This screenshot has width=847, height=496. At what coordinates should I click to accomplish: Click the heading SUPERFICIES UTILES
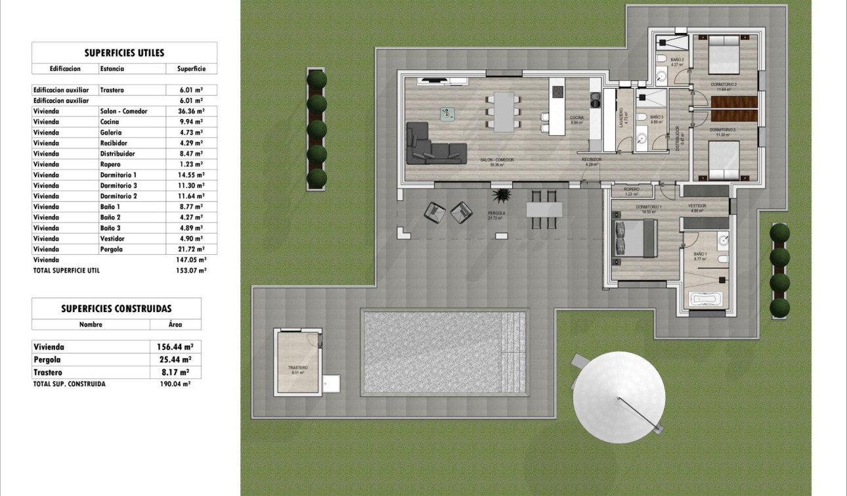[x=124, y=53]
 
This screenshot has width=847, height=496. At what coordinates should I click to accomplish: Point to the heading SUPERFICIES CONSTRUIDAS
[x=116, y=308]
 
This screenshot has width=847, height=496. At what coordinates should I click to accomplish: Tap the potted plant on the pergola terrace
[x=502, y=196]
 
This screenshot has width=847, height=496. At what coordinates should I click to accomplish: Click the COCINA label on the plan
[x=577, y=118]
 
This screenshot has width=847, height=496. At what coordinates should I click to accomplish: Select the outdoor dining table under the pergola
[x=544, y=209]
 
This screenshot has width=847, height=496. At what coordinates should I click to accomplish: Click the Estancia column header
[x=112, y=68]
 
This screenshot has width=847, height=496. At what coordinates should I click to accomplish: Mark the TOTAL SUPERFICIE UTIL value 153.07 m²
[x=192, y=270]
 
